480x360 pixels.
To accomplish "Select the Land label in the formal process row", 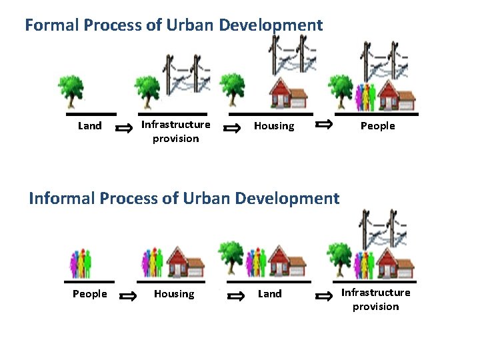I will coord(90,126).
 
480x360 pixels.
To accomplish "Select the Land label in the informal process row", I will coord(270,294).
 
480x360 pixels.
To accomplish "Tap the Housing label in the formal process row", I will coord(273,126).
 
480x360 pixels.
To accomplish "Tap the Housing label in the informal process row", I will coord(174,294).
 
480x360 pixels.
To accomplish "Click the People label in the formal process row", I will coord(378,126).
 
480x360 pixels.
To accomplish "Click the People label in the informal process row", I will coord(89,294).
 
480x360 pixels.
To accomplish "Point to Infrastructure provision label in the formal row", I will coord(175,131).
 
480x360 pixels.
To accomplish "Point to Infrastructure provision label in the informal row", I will coord(375,299).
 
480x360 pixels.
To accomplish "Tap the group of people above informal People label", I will coord(81,263).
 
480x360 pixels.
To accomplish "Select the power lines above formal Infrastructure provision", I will coord(183,74).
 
